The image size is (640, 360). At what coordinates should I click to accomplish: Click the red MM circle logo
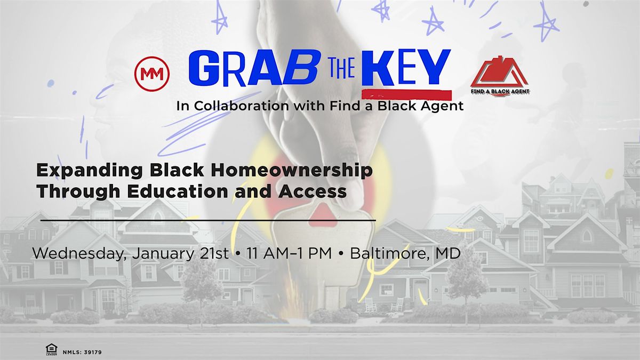(x=152, y=74)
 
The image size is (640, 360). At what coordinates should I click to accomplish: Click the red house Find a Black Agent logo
(x=499, y=78)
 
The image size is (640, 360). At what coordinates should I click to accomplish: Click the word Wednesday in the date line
(x=76, y=254)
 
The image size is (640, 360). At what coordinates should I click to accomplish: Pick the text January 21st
(x=179, y=254)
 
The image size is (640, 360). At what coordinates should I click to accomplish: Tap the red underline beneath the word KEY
(x=406, y=95)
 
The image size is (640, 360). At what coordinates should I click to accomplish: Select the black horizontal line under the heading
(x=208, y=220)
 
